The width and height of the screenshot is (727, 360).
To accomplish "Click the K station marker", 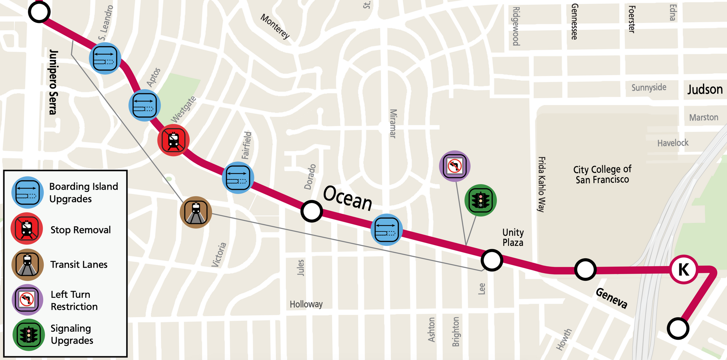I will (x=684, y=270).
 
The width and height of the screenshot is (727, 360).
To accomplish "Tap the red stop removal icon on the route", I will (x=173, y=140).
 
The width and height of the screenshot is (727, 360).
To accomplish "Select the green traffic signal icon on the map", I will (x=481, y=200).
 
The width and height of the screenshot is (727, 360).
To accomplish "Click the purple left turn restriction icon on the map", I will (x=455, y=166).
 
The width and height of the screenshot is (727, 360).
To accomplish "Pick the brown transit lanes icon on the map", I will (x=196, y=213).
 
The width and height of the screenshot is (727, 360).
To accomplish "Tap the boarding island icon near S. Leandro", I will (x=105, y=58).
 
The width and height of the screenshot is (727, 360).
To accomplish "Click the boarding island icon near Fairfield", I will (x=238, y=178).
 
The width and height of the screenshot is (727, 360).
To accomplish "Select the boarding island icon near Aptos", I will (x=145, y=105).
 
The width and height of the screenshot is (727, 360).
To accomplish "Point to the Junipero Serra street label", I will (x=53, y=82).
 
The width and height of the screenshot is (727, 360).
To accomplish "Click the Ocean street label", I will (x=348, y=198).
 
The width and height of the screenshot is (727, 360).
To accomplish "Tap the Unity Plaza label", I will (x=513, y=238).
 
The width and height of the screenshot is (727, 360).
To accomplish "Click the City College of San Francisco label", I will (x=602, y=174).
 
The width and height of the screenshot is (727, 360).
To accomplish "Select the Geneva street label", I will (x=612, y=298).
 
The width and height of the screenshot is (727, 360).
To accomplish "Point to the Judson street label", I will (x=705, y=89).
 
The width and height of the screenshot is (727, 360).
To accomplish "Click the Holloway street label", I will (x=306, y=304).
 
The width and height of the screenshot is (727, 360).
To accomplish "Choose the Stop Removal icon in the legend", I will (x=27, y=229).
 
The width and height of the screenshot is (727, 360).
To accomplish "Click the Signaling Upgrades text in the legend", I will (x=72, y=334).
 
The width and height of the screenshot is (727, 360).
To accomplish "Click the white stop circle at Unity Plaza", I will (x=491, y=260).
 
